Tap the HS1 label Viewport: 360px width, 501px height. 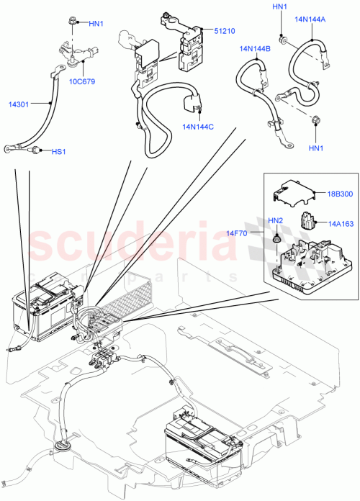(58, 152)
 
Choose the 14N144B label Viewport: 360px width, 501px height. (255, 49)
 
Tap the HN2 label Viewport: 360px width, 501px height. (276, 220)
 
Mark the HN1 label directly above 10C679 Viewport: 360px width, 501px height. (96, 23)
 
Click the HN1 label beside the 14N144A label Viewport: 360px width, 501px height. (279, 7)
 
